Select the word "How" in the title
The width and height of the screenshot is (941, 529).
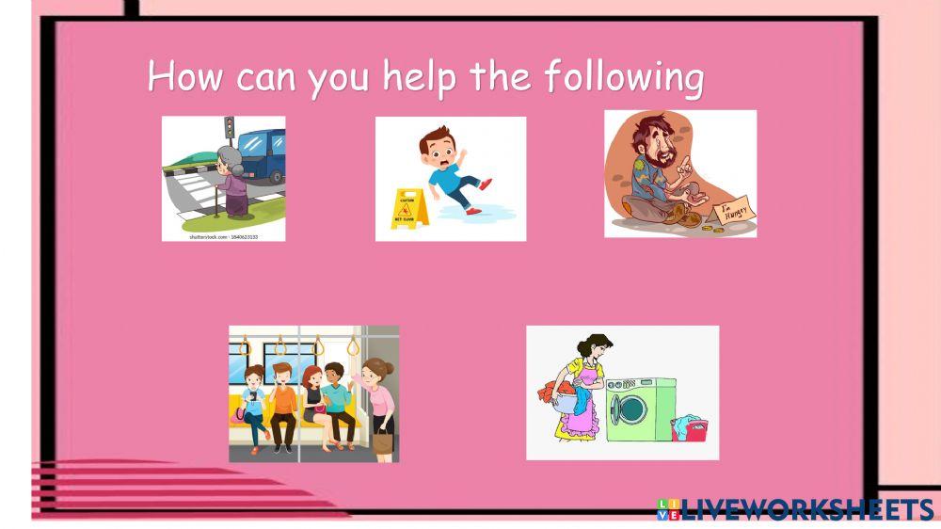184,76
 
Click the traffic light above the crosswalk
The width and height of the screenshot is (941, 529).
229,127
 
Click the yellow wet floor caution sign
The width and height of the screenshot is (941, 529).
409,208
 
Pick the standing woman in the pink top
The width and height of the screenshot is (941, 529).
380,395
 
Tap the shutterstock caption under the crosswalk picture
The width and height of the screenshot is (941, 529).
224,236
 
